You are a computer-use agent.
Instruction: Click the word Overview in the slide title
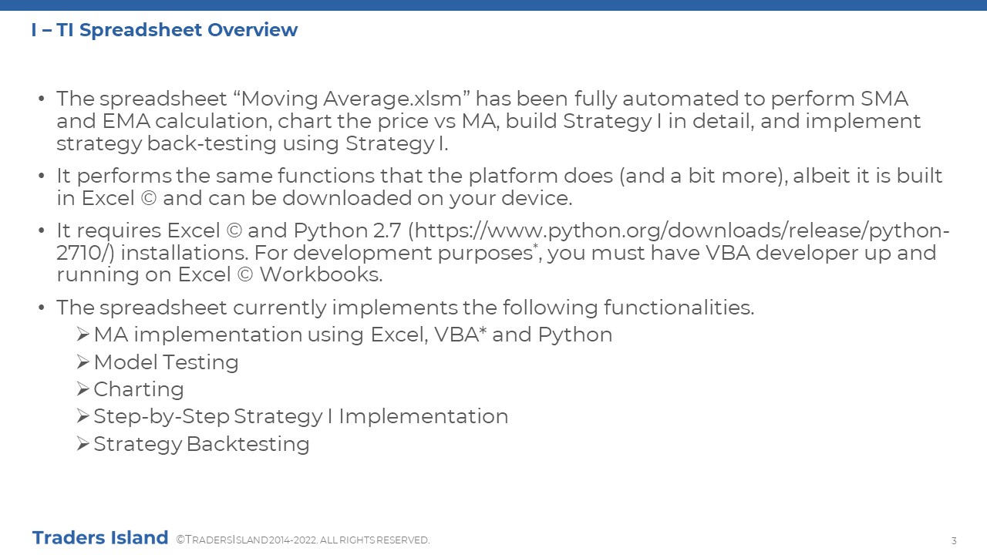coord(252,30)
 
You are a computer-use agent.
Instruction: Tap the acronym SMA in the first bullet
coord(884,99)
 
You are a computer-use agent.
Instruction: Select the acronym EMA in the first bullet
coord(126,121)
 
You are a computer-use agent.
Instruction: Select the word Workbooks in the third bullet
coord(321,274)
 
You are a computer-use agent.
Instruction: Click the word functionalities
coord(679,308)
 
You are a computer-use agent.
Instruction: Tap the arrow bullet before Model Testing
coord(83,362)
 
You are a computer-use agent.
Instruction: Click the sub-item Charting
coord(139,390)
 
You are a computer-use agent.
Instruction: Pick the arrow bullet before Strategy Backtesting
coord(83,443)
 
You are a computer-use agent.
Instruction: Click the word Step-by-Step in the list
coord(162,417)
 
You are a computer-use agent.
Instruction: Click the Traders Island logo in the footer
coord(100,538)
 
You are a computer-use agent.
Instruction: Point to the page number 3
coord(954,541)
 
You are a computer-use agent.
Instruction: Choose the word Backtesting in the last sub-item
coord(248,445)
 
